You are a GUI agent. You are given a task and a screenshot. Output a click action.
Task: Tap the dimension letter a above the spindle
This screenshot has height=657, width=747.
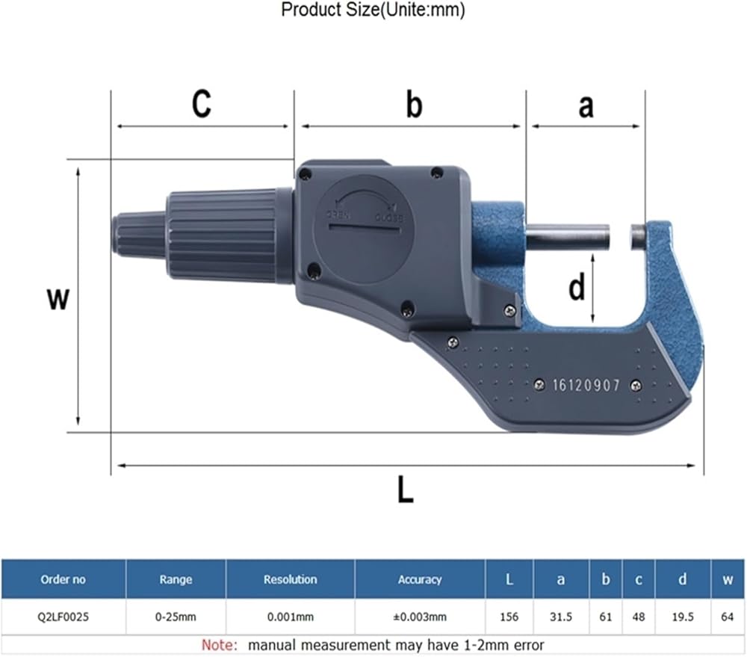586,106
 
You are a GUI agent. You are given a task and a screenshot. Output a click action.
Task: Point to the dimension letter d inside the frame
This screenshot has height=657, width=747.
577,288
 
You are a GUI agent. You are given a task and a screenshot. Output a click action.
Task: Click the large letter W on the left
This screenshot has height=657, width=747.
58,299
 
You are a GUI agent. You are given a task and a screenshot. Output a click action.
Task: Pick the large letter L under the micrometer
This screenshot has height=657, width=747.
406,490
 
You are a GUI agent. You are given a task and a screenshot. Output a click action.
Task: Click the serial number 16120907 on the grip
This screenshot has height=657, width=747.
586,385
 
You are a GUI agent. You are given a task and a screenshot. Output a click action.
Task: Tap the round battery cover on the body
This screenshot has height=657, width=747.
363,229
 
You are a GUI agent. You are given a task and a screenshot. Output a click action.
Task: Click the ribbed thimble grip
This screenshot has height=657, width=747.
222,235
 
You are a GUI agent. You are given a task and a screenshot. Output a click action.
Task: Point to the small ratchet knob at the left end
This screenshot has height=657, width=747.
139,235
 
